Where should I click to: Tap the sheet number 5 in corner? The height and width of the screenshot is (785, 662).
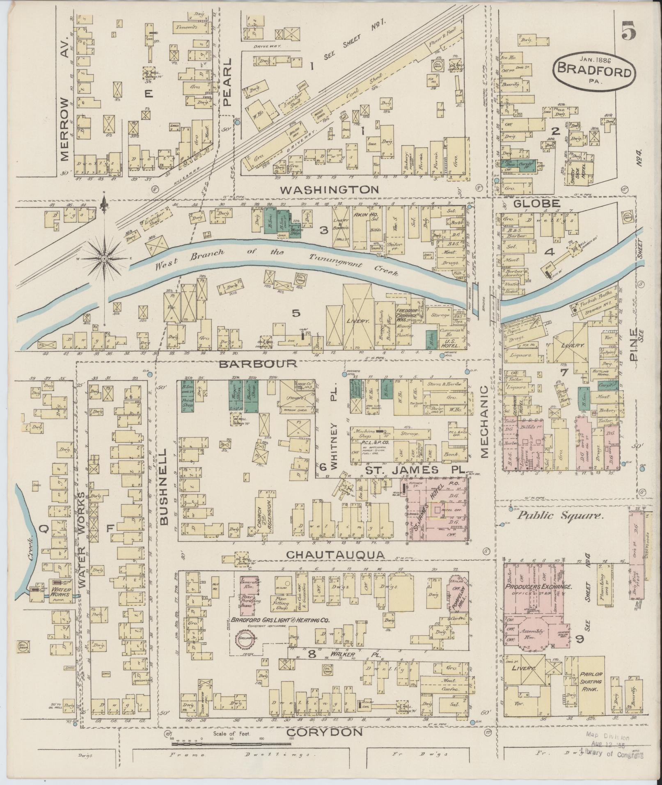[x=628, y=30]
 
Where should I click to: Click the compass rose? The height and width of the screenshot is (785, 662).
[x=104, y=259]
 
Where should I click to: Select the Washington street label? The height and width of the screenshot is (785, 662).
[x=330, y=190]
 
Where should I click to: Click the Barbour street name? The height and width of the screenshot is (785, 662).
[x=257, y=364]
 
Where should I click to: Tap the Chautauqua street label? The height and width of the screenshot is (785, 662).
[x=336, y=555]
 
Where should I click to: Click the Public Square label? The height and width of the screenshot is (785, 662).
[x=560, y=516]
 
